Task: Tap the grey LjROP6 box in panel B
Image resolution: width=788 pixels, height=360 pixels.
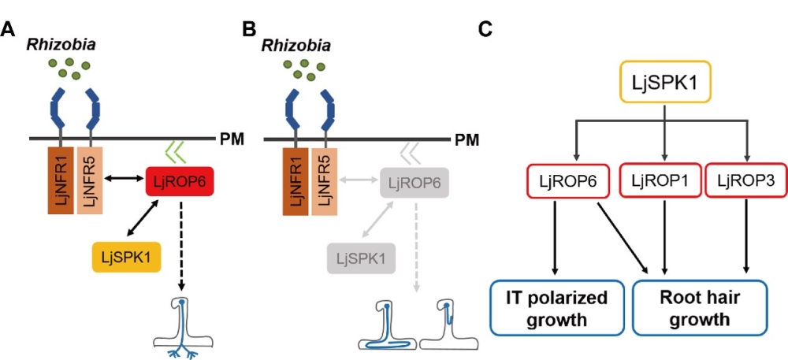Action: click(x=414, y=183)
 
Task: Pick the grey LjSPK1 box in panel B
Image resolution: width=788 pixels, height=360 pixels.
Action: click(x=359, y=258)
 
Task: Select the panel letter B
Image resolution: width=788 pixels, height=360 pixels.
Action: click(x=249, y=29)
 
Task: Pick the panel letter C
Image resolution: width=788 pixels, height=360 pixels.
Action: click(x=486, y=29)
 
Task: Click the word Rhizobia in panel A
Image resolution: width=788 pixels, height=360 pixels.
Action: click(x=61, y=45)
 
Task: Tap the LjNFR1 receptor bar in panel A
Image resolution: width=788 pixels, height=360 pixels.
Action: click(x=61, y=178)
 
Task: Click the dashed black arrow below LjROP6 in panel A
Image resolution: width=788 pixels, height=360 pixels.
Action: click(x=181, y=244)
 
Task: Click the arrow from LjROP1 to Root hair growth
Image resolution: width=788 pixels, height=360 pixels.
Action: click(x=663, y=236)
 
